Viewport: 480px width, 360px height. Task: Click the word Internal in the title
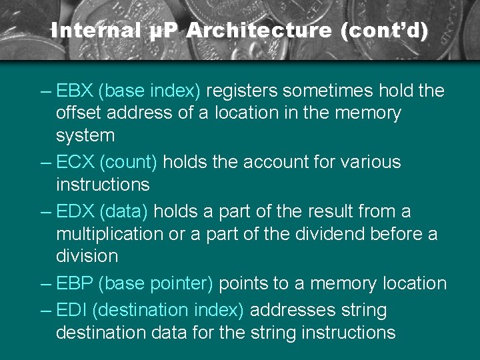coord(95,31)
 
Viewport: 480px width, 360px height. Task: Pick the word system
coord(85,136)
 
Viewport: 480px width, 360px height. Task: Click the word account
coord(271,162)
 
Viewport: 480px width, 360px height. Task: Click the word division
coord(87,256)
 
